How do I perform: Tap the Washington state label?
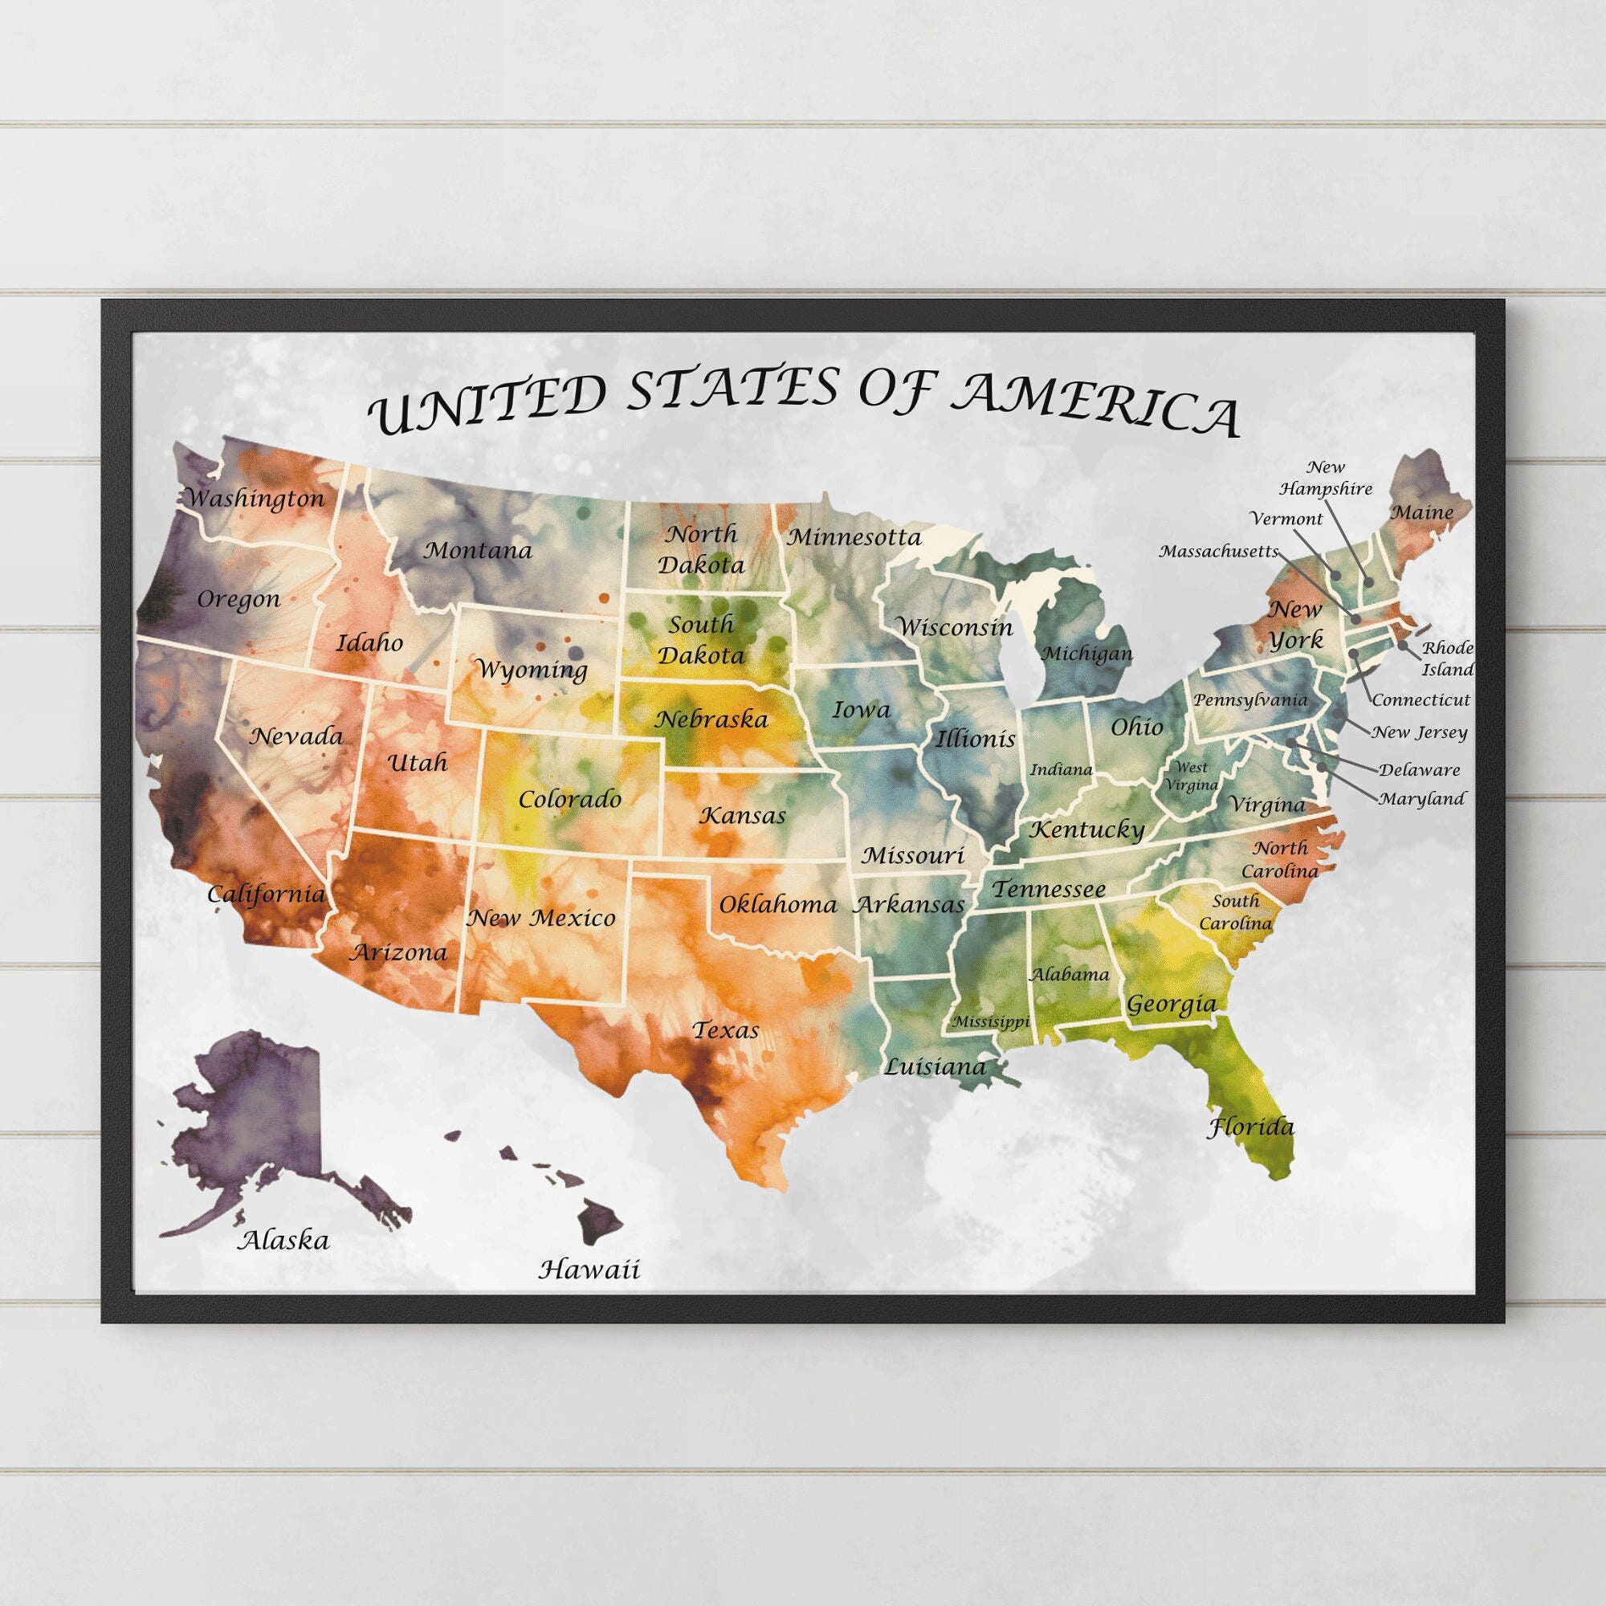[255, 499]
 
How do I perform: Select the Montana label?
[478, 550]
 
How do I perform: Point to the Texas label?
[726, 1031]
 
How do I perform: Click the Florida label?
[1250, 1127]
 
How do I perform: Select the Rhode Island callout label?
[1447, 658]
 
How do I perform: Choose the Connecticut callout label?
[1421, 700]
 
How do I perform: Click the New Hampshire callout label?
[1326, 478]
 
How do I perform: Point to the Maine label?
[1422, 513]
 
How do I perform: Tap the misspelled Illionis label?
[976, 738]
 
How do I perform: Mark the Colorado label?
[569, 800]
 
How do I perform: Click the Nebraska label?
[711, 719]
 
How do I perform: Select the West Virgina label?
[1190, 776]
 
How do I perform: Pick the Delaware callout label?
[1419, 770]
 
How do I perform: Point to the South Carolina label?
[1235, 912]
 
